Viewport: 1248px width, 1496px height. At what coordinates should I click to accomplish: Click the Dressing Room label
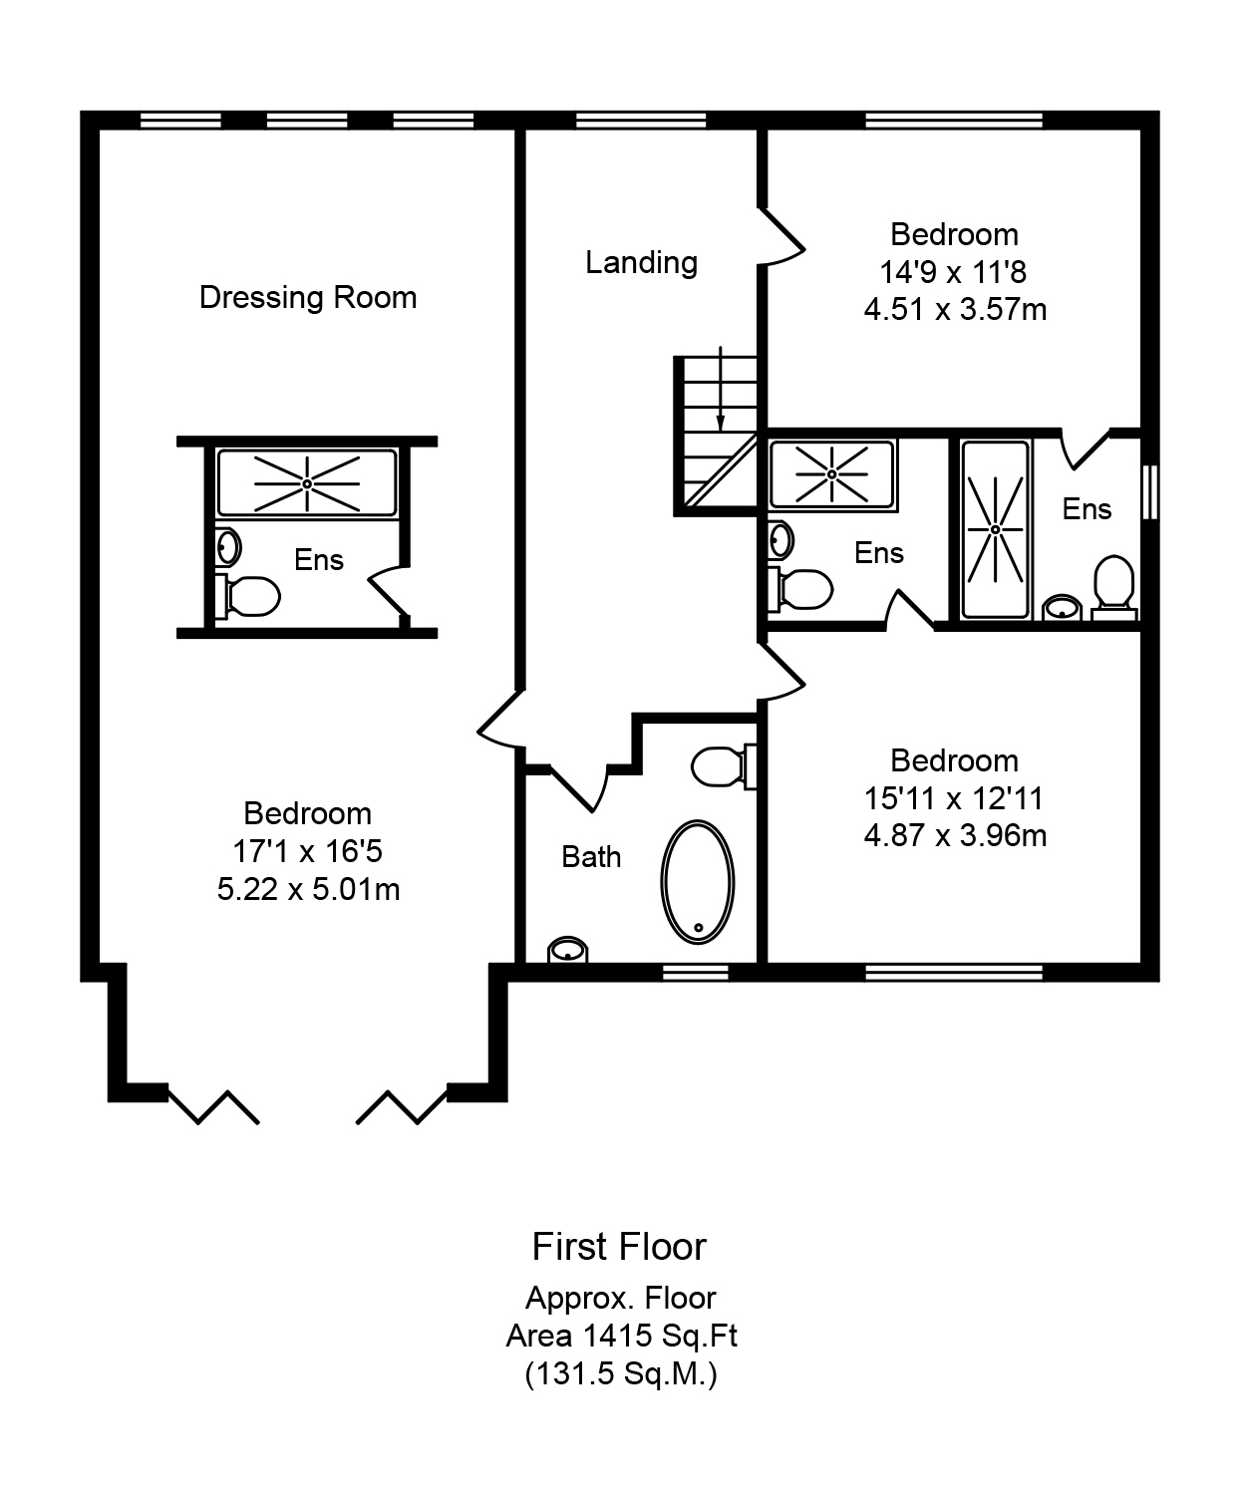point(308,297)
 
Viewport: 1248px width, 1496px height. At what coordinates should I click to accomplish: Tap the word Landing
point(642,262)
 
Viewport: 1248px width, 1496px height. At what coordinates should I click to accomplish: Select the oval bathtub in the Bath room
point(697,882)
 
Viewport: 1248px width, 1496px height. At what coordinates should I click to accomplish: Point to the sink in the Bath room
point(568,950)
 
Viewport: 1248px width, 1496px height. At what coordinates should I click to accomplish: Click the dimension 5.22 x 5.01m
point(308,889)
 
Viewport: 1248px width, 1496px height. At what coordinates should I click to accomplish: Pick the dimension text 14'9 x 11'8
point(953,272)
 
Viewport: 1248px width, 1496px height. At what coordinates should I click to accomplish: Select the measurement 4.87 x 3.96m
point(955,835)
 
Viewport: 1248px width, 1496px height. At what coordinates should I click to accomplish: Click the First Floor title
point(619,1247)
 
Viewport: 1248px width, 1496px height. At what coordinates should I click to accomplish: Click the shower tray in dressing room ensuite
point(307,483)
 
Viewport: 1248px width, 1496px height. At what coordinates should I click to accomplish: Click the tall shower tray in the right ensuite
point(995,529)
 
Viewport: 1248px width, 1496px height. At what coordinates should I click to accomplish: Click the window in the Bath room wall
point(696,973)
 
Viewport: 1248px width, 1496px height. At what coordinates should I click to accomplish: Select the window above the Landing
point(642,121)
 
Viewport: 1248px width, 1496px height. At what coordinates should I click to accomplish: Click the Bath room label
point(591,857)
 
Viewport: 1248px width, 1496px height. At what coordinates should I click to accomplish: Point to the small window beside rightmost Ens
point(1149,492)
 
